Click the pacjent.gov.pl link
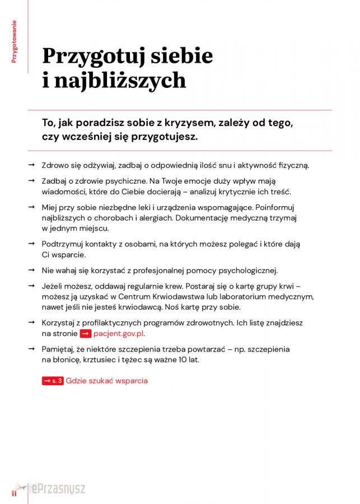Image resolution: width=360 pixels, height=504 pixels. (119, 333)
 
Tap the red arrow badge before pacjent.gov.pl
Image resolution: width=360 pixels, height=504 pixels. (85, 333)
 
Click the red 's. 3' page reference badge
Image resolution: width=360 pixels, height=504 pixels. (53, 381)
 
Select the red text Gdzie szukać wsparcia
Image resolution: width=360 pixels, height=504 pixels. (106, 381)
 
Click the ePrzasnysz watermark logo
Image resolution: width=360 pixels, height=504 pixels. (56, 489)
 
